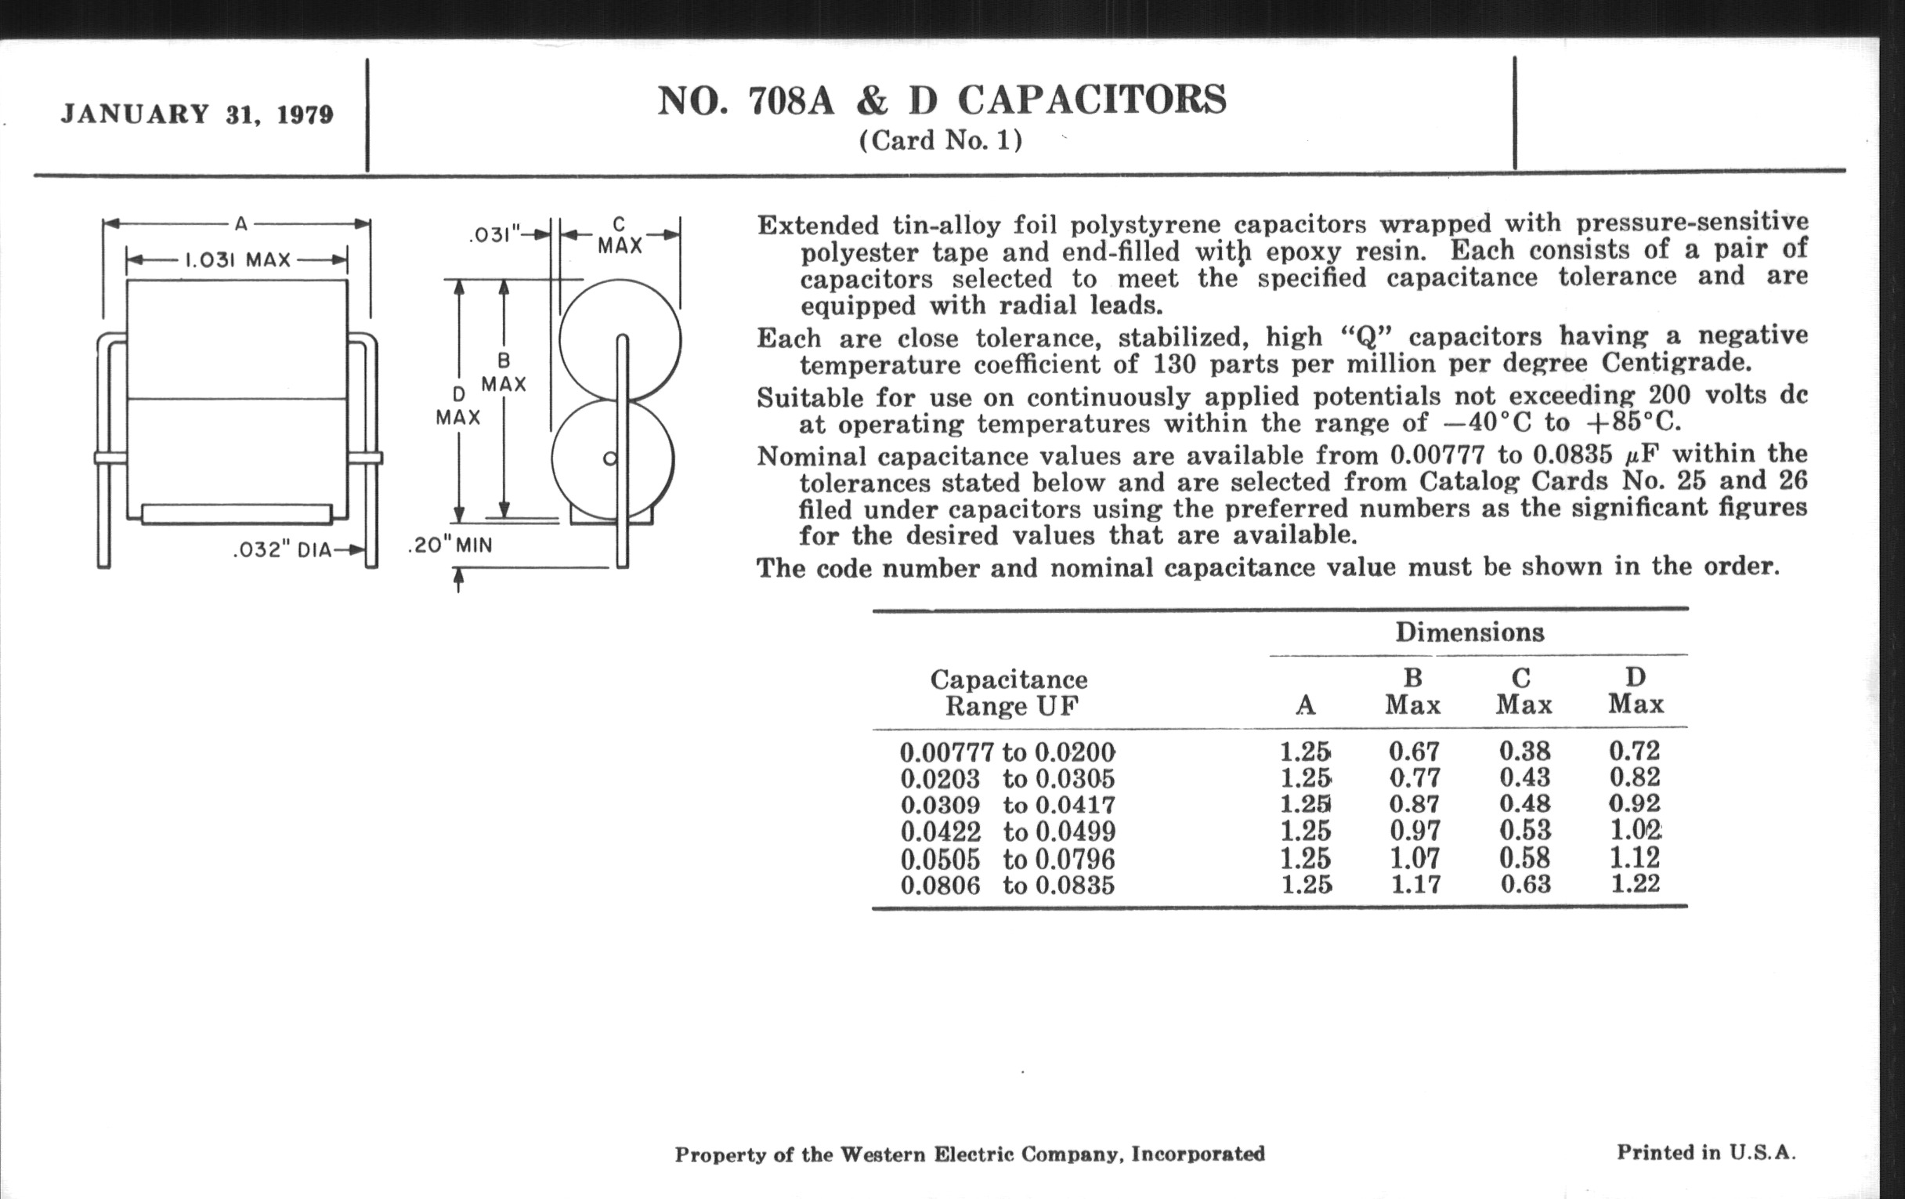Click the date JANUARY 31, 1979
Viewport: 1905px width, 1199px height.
[x=197, y=114]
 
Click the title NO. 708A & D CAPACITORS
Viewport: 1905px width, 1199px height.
[x=942, y=101]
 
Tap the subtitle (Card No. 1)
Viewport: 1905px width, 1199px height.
[x=941, y=141]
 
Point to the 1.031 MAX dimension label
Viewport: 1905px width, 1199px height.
[x=237, y=259]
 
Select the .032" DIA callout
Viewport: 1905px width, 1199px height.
[x=283, y=550]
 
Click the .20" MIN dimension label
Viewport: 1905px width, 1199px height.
[x=450, y=545]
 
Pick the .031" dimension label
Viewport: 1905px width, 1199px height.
[x=495, y=234]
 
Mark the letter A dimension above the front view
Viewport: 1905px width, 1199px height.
[x=241, y=225]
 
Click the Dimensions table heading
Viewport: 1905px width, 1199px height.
[x=1469, y=632]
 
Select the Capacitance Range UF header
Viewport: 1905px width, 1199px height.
[x=1009, y=692]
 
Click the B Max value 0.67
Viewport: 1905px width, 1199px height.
[x=1415, y=751]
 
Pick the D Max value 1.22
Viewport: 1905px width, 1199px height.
[x=1636, y=883]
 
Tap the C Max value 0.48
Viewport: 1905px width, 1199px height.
[x=1524, y=804]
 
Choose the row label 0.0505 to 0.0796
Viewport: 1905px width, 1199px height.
[x=1007, y=859]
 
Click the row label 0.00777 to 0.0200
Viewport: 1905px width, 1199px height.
[x=1007, y=752]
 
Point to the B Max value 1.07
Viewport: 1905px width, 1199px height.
[x=1415, y=858]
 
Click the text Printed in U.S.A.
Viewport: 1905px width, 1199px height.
[x=1705, y=1152]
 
